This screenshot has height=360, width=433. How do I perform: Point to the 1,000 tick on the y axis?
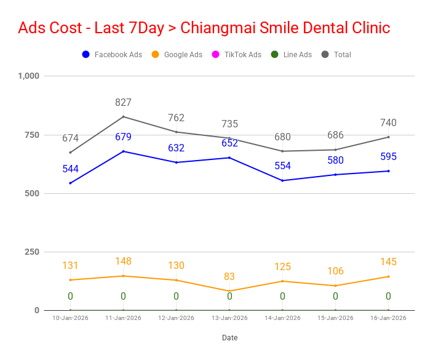(x=28, y=76)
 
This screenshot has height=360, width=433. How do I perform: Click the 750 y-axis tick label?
(x=31, y=135)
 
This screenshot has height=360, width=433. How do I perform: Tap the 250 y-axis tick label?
(x=31, y=252)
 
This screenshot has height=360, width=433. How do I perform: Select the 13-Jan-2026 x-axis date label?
(x=229, y=318)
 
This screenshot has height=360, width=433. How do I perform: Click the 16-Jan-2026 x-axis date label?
(x=388, y=318)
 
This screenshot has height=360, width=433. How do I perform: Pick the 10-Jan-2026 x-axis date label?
(x=70, y=318)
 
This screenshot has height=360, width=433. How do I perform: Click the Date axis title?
(x=229, y=337)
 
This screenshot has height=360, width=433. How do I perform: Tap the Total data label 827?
(x=123, y=103)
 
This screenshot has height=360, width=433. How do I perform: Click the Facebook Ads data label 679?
(x=123, y=137)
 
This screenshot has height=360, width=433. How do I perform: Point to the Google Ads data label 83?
(x=229, y=277)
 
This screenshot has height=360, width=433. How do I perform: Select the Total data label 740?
(x=388, y=122)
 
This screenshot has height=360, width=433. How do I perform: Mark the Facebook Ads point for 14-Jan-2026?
(x=282, y=180)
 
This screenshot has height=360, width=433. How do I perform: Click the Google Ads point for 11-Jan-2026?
(x=123, y=276)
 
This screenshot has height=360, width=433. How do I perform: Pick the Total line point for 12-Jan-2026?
(x=176, y=132)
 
